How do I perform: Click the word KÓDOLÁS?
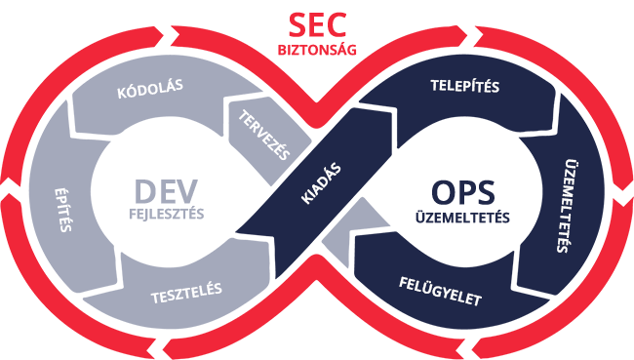pos(150,88)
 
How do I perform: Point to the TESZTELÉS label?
pos(186,290)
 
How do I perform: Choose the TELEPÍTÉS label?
pos(464,86)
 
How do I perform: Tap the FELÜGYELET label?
pos(440,291)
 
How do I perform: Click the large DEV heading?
pos(166,190)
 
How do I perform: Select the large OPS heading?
pos(461,191)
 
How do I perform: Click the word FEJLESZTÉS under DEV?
pos(166,214)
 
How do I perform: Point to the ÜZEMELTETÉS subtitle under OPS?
pos(462,217)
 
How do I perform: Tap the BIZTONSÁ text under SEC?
pos(311,48)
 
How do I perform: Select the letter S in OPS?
pos(484,191)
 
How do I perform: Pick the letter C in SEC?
pos(335,24)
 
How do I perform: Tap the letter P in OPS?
pos(463,191)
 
